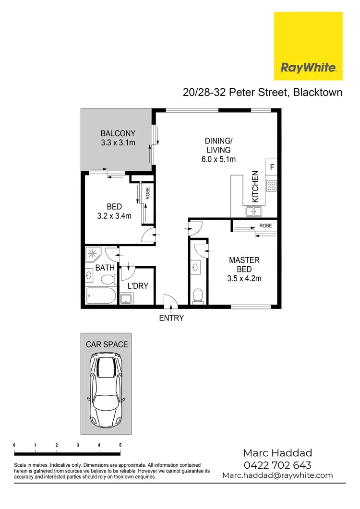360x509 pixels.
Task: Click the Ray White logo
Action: [308, 46]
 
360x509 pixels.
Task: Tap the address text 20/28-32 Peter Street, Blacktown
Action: [263, 92]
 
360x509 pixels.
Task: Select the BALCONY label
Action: [118, 133]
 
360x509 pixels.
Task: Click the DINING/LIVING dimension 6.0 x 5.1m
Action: [218, 159]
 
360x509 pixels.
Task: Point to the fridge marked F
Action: [272, 167]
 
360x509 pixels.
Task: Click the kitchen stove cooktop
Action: [271, 185]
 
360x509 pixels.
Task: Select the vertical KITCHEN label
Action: [255, 186]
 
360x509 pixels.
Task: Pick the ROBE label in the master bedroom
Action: [265, 225]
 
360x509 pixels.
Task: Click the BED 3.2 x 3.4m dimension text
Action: [114, 216]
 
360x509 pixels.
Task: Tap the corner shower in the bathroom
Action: [93, 254]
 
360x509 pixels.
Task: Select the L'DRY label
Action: [138, 286]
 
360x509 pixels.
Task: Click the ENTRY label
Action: [172, 318]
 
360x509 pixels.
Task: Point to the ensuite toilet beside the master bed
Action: [197, 296]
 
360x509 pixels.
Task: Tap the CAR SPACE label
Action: [107, 344]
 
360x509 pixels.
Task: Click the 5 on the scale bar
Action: [120, 446]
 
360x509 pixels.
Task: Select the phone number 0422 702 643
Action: [277, 464]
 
